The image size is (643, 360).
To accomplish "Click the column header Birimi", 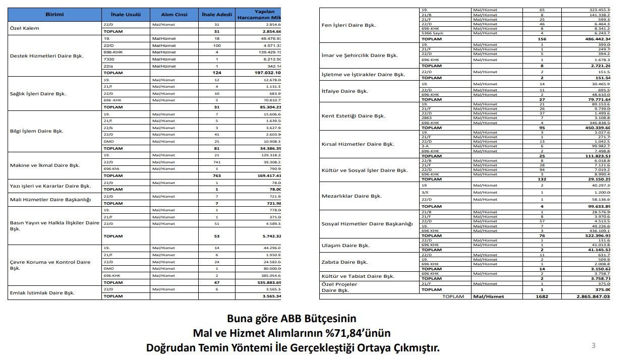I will (54, 15).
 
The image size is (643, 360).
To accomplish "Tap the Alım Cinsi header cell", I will (174, 15).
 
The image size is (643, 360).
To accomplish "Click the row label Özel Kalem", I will (24, 28).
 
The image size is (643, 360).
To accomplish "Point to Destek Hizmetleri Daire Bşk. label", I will (47, 56).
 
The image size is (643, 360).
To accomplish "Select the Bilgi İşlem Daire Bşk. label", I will (37, 131).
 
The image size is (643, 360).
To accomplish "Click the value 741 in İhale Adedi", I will (216, 162).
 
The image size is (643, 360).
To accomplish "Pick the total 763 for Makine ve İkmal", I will (216, 176).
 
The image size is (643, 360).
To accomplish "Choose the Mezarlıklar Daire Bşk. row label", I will (352, 196).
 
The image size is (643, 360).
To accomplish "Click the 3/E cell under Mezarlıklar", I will (425, 193).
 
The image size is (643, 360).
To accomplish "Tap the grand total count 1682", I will (542, 296).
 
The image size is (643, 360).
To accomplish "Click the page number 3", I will (594, 345).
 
